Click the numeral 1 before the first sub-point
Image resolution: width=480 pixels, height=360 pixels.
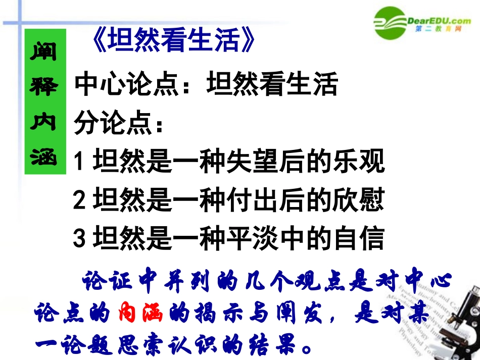click(x=79, y=163)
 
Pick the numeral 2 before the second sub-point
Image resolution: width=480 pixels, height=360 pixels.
click(x=79, y=201)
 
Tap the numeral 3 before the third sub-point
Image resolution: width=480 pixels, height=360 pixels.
click(x=79, y=239)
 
